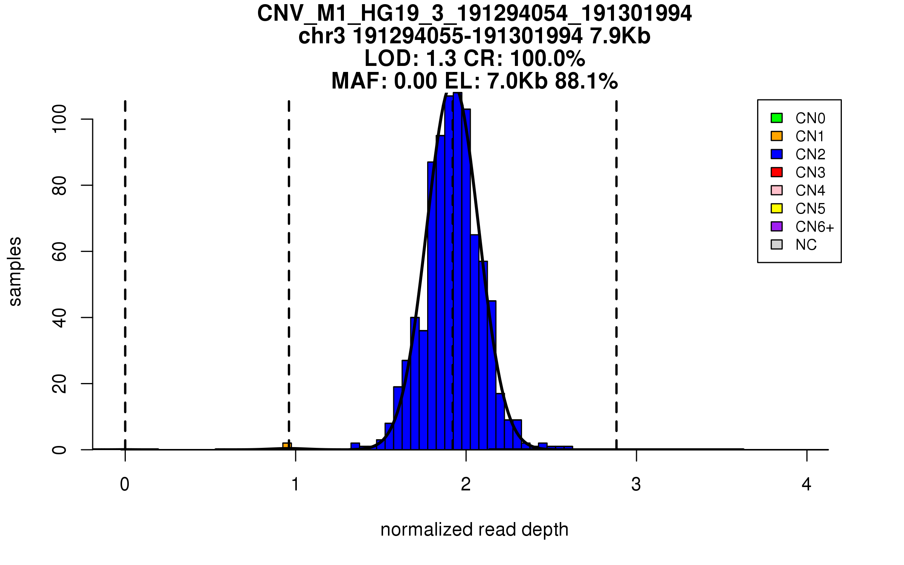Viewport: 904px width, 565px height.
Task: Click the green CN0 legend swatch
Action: point(777,118)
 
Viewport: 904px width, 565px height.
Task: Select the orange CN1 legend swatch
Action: point(777,136)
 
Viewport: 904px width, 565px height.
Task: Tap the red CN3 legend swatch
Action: point(777,172)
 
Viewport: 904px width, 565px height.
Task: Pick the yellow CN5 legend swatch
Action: point(777,208)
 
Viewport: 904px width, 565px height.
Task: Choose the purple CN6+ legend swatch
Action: point(777,226)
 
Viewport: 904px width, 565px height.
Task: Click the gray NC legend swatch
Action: point(777,244)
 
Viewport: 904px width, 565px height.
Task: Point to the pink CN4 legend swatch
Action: point(777,190)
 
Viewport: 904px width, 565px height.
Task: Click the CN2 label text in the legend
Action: point(810,154)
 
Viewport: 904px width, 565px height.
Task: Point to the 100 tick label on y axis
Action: point(60,119)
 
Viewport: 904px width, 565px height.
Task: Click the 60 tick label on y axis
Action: point(60,251)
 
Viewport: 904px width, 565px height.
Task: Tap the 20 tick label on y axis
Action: point(60,384)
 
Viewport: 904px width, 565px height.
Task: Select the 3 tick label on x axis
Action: point(636,484)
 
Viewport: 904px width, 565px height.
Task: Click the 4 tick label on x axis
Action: point(806,484)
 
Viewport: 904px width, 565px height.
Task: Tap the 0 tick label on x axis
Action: point(125,484)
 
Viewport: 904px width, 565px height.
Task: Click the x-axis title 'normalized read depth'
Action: point(474,530)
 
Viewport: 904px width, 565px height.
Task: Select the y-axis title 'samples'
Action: point(15,272)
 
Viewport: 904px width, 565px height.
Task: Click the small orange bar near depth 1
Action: point(287,446)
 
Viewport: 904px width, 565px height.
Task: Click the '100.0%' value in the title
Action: point(548,59)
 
